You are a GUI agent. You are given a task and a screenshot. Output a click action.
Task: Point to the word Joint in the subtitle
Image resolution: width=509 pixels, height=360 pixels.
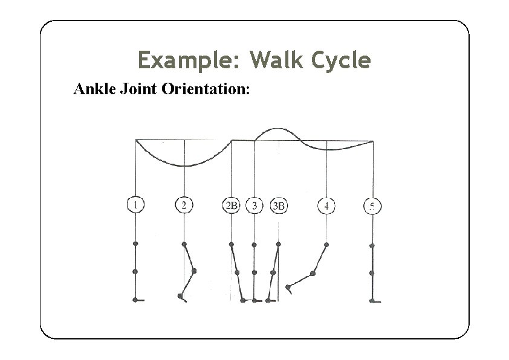tap(138, 90)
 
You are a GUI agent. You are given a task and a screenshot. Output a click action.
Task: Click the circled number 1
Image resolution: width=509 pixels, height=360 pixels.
tap(135, 205)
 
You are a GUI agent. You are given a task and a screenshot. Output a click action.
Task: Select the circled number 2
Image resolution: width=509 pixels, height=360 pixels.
tap(184, 205)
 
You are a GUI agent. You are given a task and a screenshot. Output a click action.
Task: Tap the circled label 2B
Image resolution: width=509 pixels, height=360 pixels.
tap(232, 205)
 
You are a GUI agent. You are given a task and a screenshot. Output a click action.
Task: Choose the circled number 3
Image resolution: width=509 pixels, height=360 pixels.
tap(254, 205)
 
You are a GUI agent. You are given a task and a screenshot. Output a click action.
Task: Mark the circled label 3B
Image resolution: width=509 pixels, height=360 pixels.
tap(279, 205)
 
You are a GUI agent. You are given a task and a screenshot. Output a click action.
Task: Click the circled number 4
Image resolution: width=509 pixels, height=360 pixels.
tap(326, 205)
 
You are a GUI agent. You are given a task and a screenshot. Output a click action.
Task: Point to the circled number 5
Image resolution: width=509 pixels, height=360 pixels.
tap(372, 206)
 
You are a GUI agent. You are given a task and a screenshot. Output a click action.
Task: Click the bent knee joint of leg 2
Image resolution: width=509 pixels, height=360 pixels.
tap(194, 271)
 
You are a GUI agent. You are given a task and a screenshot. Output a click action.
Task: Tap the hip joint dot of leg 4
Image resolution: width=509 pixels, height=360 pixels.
tap(326, 244)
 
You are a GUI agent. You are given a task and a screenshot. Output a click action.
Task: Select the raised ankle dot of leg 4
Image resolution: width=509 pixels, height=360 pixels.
tap(288, 287)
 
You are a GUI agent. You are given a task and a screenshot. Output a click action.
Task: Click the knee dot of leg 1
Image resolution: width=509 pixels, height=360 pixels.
tap(135, 272)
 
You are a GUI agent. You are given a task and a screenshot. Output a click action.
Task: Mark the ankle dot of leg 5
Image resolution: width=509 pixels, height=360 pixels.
tap(372, 300)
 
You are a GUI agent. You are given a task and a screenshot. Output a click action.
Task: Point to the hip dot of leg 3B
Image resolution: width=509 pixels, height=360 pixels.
tap(278, 244)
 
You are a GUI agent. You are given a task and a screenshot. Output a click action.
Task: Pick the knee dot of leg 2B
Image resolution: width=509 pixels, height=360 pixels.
tap(236, 272)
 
